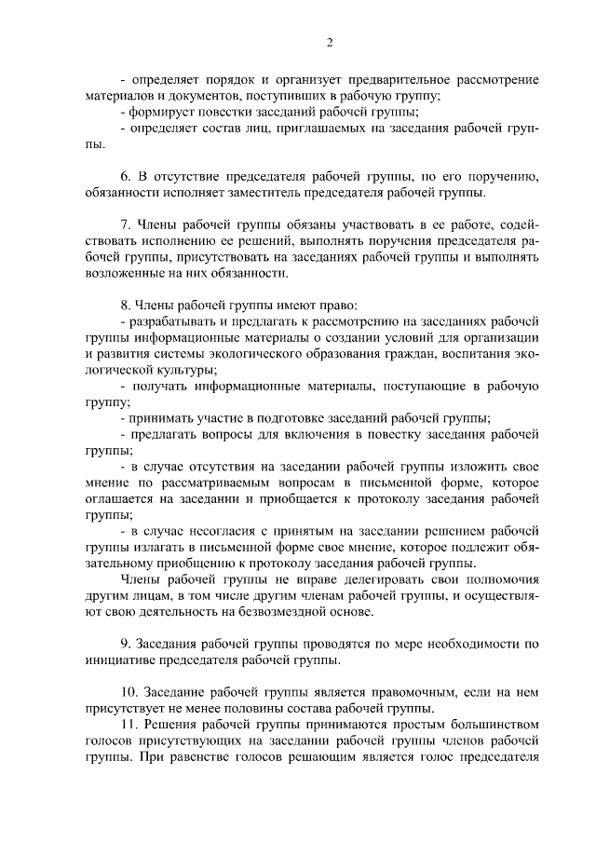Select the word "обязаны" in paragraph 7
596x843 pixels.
point(295,225)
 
